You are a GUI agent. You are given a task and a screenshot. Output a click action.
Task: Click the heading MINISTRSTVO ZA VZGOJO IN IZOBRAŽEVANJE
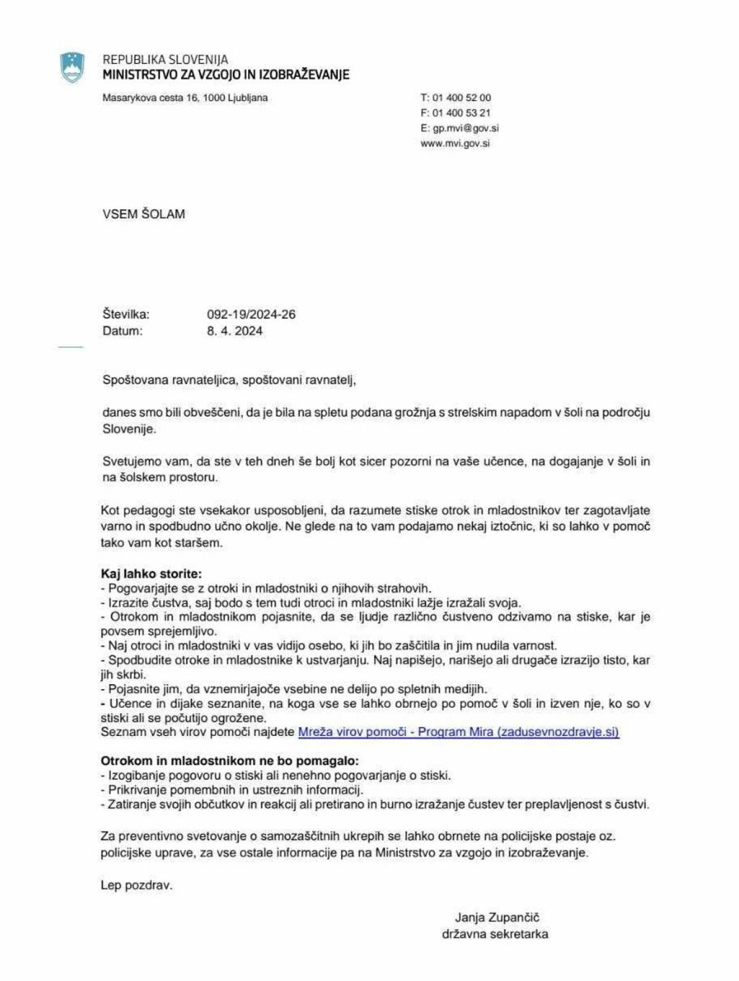pos(225,75)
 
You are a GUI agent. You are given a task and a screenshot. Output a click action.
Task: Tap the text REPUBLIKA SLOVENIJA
pos(165,60)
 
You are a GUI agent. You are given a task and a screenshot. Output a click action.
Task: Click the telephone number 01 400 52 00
pos(462,97)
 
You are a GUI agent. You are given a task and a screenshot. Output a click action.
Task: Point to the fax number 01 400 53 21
pos(462,113)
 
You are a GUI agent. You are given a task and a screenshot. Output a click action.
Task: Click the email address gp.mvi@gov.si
pos(466,128)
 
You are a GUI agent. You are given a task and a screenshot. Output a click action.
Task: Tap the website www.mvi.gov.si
pos(455,143)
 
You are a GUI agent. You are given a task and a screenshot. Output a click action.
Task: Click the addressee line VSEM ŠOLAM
pos(143,214)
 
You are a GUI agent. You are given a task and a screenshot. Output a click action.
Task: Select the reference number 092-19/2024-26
pos(251,315)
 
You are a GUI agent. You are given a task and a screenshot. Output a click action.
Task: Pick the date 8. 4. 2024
pos(235,331)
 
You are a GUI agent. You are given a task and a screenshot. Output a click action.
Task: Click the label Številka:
pos(126,315)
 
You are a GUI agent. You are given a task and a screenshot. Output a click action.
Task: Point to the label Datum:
pos(123,331)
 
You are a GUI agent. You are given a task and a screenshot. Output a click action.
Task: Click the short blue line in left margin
pos(70,348)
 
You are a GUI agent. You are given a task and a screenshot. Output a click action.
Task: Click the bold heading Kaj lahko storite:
pos(151,574)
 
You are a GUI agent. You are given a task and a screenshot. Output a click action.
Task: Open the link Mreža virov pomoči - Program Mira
pos(458,732)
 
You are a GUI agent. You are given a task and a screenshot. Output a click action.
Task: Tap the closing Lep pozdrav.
pos(137,886)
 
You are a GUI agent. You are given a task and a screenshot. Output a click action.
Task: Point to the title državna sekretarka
pos(495,934)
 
